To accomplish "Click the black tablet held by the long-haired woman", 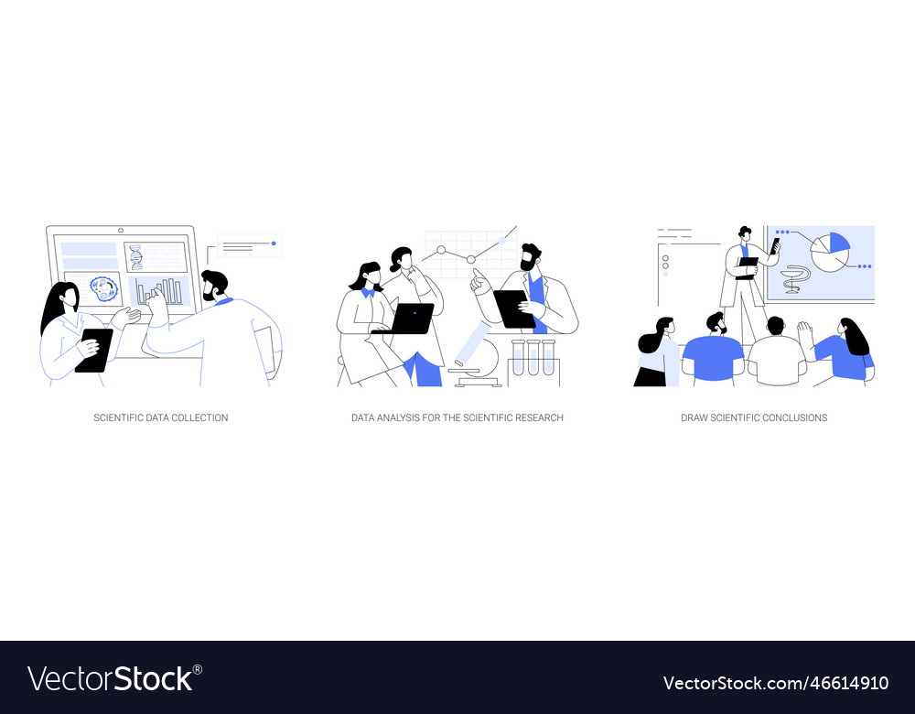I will point(94,350).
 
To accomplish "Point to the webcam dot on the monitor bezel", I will point(121,231).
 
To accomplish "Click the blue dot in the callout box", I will point(274,243).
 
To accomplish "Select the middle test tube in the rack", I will point(533,358).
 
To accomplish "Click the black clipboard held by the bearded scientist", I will point(513,308).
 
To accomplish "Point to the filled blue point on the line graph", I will point(501,242).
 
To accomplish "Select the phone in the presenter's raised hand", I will point(775,245).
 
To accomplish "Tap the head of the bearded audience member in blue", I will point(716,322).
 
